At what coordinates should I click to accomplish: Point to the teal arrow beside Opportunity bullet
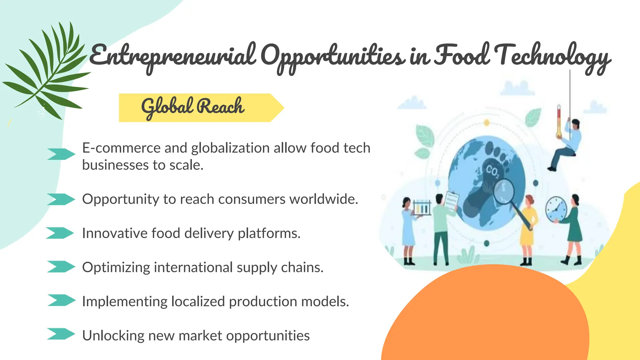[61, 199]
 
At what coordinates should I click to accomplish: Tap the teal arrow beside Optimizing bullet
[61, 267]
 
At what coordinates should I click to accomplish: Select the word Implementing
[125, 302]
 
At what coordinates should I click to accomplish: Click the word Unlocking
[113, 336]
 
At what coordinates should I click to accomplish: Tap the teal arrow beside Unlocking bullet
[61, 334]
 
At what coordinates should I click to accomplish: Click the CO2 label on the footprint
[492, 172]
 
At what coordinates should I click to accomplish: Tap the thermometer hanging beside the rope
[559, 122]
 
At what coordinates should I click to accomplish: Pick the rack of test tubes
[422, 207]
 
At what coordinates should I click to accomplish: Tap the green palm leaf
[47, 72]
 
